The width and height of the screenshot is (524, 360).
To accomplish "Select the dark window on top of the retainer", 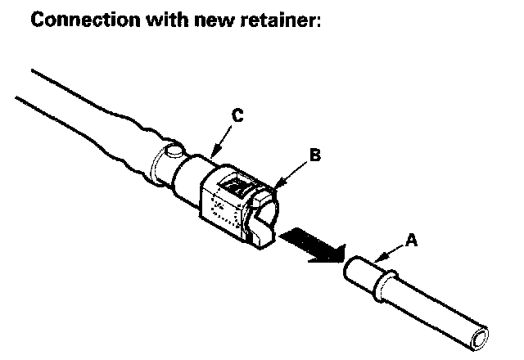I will click(238, 187).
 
